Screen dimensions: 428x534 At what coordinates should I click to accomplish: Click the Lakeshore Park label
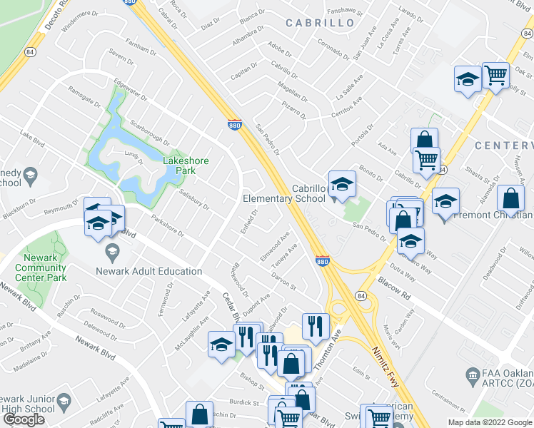186,165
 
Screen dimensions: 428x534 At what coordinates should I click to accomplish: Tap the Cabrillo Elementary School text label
284,194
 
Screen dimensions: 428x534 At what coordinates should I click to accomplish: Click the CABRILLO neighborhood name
320,23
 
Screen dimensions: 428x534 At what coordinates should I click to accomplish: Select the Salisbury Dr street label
193,199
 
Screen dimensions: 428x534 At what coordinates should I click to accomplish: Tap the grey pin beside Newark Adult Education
112,252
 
